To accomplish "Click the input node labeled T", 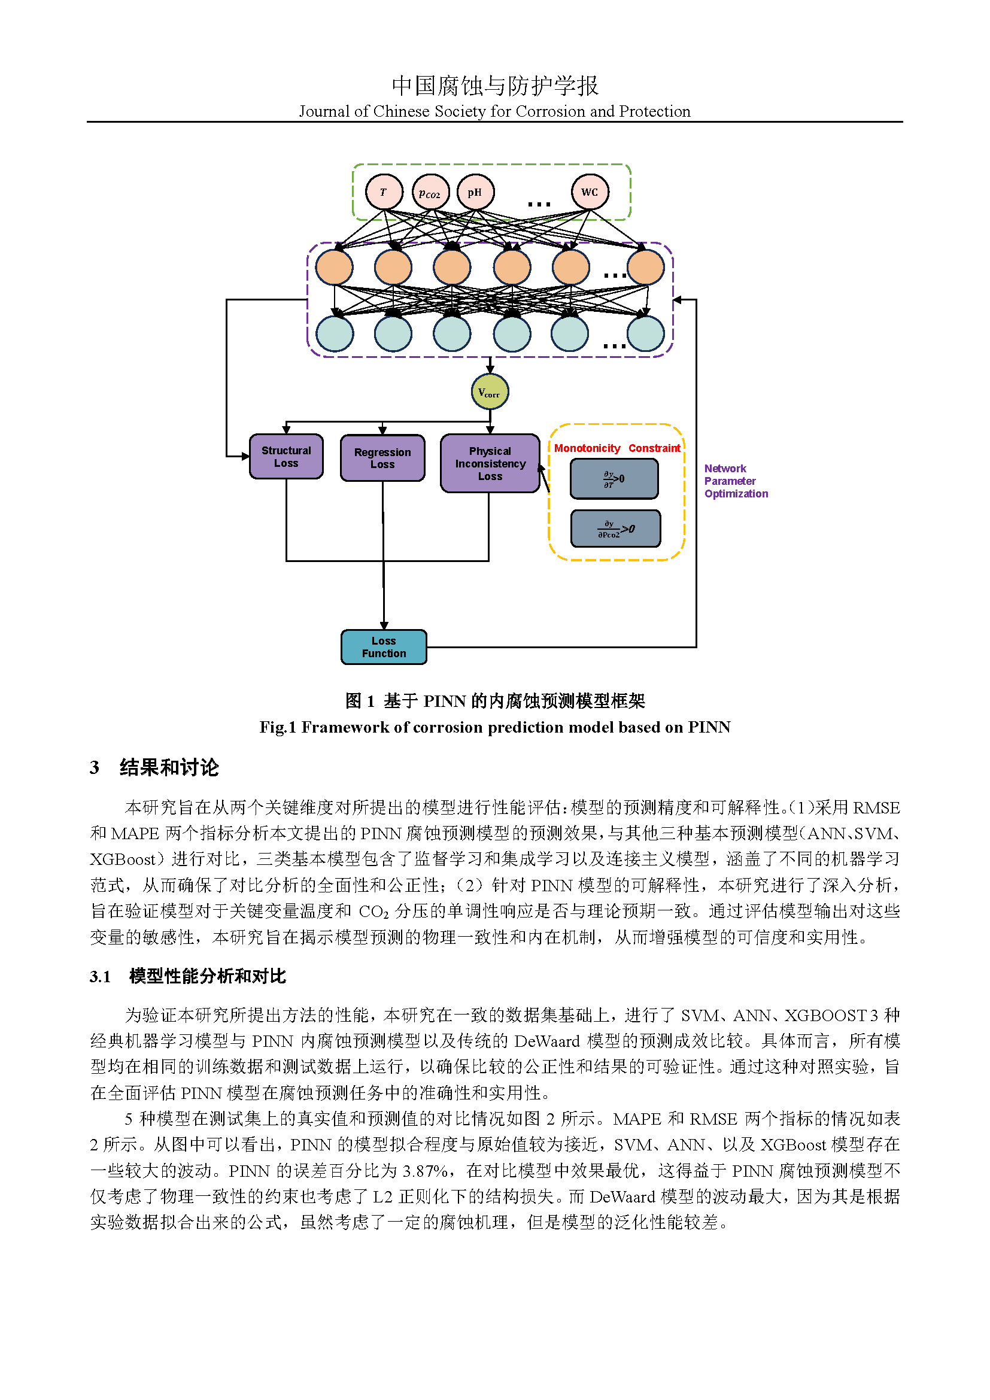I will point(384,192).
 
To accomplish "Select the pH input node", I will point(475,192).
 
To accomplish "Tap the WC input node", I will point(590,192).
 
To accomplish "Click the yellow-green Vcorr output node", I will point(490,392).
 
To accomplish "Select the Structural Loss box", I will point(286,457).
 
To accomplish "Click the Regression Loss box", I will point(382,458).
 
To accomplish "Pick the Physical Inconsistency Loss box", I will point(490,463).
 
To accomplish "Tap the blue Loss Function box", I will point(384,647).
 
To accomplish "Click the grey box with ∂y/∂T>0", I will point(614,479).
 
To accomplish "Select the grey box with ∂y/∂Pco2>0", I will point(615,529).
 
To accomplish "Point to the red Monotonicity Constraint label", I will point(617,448).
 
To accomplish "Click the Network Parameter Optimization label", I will point(735,481).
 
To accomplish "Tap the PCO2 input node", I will point(430,193).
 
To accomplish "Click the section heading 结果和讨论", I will point(169,767).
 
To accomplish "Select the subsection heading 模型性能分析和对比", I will point(207,976).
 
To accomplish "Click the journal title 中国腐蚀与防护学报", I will point(494,86).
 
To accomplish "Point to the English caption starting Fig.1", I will point(494,727).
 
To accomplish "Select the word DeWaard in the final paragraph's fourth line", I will point(622,1196).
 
